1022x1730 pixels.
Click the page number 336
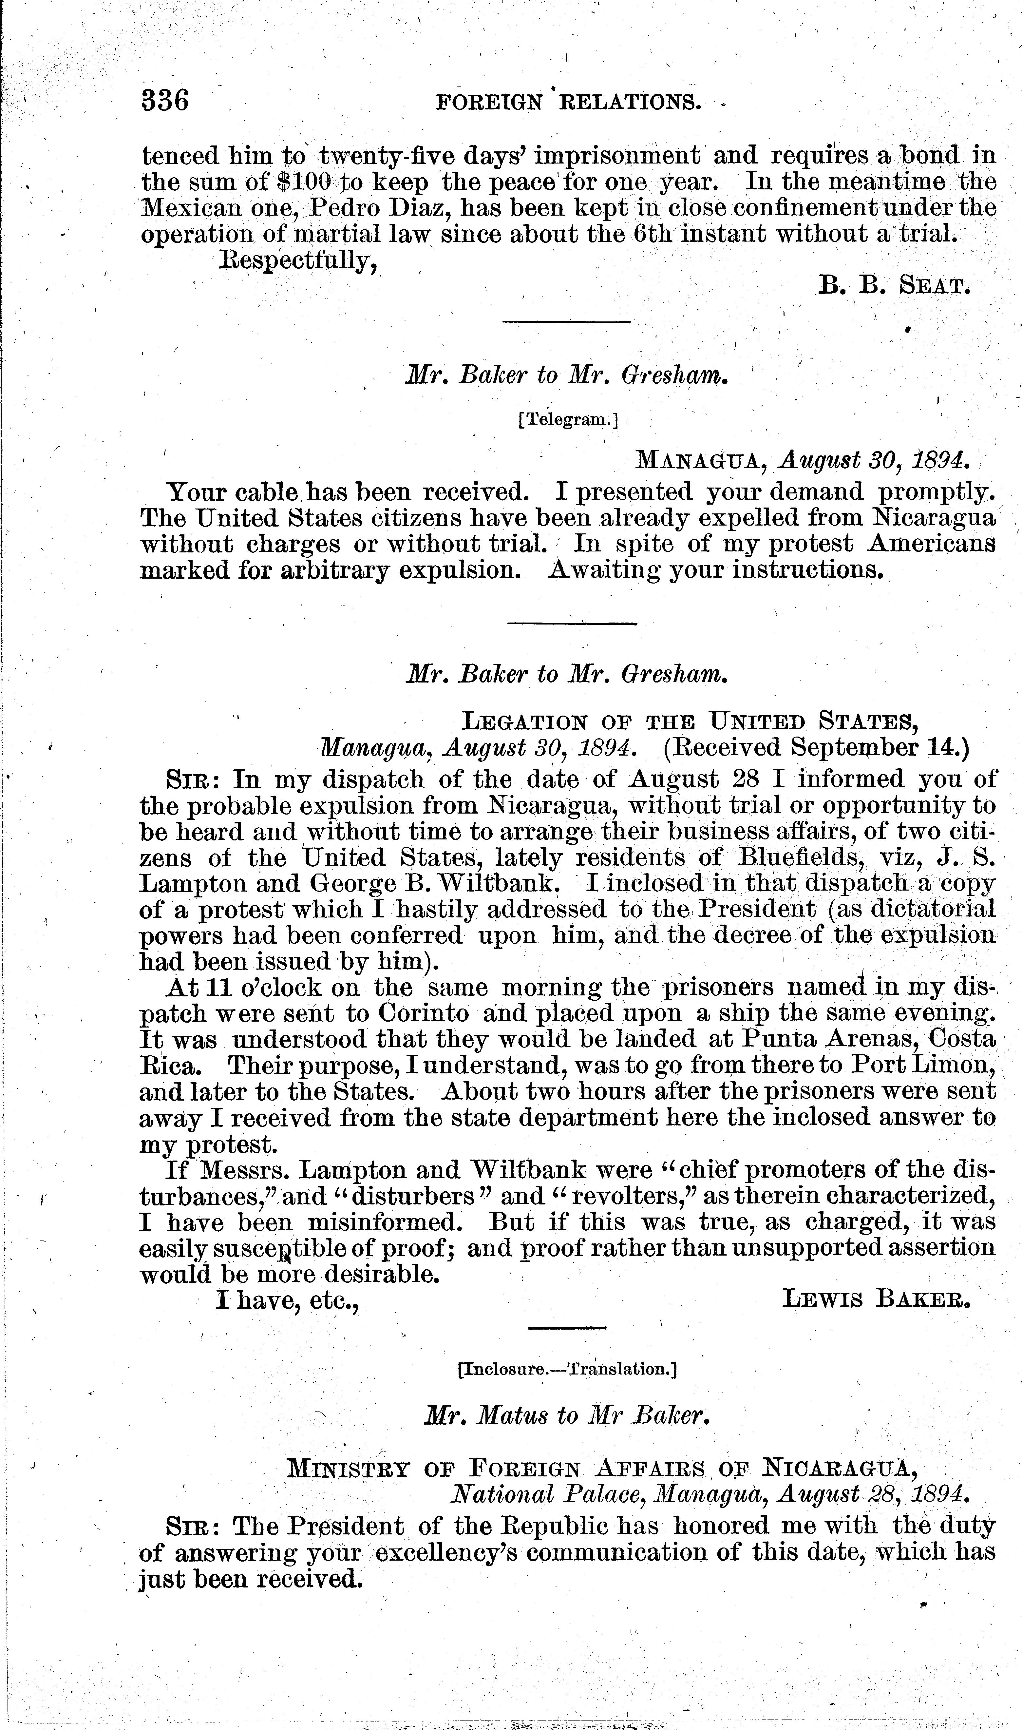point(165,101)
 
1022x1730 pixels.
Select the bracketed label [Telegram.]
point(568,420)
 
